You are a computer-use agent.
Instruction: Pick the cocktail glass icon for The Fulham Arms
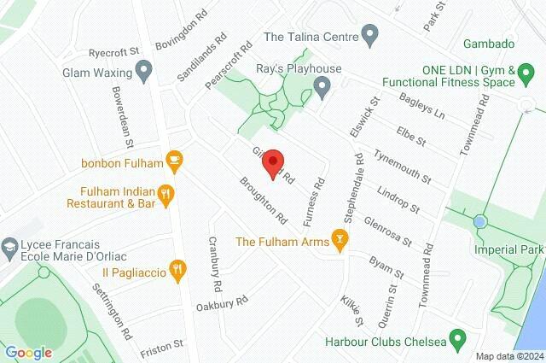pos(341,241)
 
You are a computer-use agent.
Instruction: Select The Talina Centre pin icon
pos(369,36)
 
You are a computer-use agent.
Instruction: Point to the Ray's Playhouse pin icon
pos(322,85)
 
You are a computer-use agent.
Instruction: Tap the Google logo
pos(28,352)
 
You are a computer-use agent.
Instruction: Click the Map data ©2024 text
pos(508,356)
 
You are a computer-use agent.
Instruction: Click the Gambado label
pos(488,44)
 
